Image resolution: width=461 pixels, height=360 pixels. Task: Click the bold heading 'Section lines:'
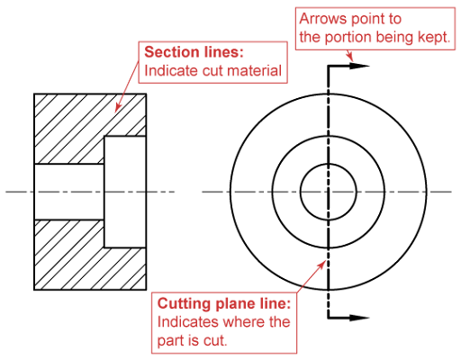coord(194,52)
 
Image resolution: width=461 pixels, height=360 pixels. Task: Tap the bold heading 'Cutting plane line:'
coord(224,303)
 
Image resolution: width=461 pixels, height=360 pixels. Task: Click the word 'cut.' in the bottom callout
coord(215,340)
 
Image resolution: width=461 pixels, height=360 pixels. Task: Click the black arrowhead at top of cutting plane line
coord(359,66)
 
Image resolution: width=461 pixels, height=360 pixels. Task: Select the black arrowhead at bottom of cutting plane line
coord(359,318)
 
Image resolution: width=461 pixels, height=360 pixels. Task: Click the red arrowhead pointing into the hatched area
coord(118,108)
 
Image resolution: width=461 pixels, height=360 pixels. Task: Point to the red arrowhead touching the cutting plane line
coord(322,265)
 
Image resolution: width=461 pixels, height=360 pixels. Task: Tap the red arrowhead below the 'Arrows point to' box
coord(349,57)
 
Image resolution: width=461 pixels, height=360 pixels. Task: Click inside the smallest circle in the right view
coord(329,192)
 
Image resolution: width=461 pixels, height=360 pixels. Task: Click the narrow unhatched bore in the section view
coord(69,192)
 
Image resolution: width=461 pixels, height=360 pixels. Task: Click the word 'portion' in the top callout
coord(348,38)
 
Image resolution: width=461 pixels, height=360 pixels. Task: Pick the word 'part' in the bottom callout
coord(169,341)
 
